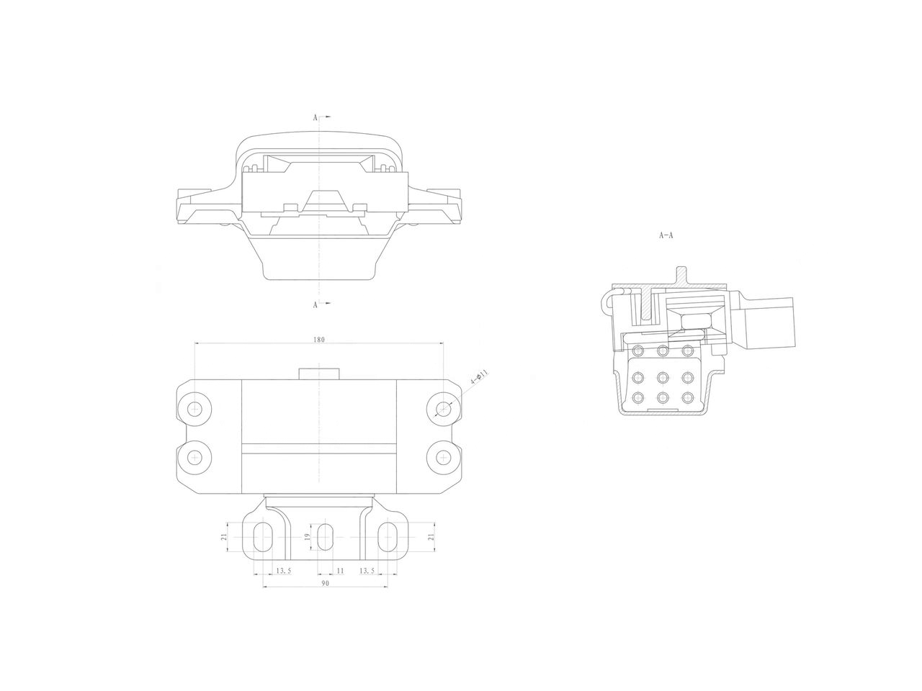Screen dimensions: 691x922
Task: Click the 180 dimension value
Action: pos(319,340)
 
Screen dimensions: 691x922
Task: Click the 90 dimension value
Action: pos(325,584)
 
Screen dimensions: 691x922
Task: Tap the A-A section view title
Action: pos(666,235)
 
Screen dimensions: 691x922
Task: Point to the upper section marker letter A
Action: pos(315,116)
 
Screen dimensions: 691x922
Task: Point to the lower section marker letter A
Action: pos(315,304)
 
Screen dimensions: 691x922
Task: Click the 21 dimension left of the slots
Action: pos(225,537)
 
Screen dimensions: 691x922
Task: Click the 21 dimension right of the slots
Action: pos(431,537)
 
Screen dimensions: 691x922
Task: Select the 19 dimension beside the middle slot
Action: pos(306,537)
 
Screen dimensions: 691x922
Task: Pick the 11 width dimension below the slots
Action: pos(341,570)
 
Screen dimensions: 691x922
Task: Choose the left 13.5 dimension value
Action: pos(284,570)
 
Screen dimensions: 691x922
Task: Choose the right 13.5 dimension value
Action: pos(367,570)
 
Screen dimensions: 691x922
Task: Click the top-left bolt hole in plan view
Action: pos(194,409)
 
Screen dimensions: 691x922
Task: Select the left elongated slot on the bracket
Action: pos(264,537)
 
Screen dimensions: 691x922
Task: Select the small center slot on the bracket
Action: pos(326,537)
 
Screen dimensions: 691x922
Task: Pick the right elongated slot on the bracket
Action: pos(388,537)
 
